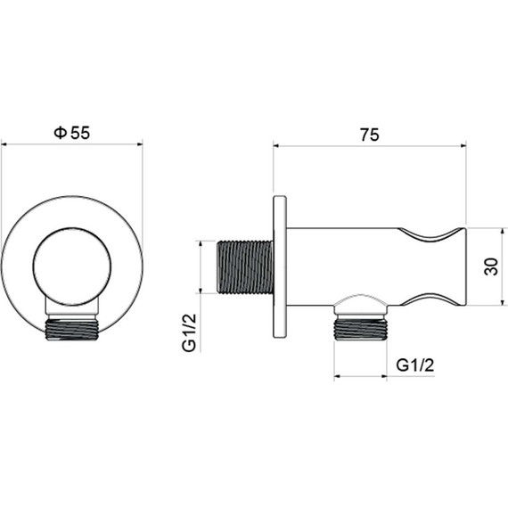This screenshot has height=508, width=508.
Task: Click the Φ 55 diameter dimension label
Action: (72, 133)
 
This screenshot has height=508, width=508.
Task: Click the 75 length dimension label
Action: (369, 135)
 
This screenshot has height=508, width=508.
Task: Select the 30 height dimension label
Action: (491, 266)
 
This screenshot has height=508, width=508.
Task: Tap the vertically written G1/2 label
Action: (189, 332)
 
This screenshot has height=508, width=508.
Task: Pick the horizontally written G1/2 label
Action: (415, 365)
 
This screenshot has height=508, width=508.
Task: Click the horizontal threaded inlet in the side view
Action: (244, 267)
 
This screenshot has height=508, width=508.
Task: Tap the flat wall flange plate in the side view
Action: (280, 267)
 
